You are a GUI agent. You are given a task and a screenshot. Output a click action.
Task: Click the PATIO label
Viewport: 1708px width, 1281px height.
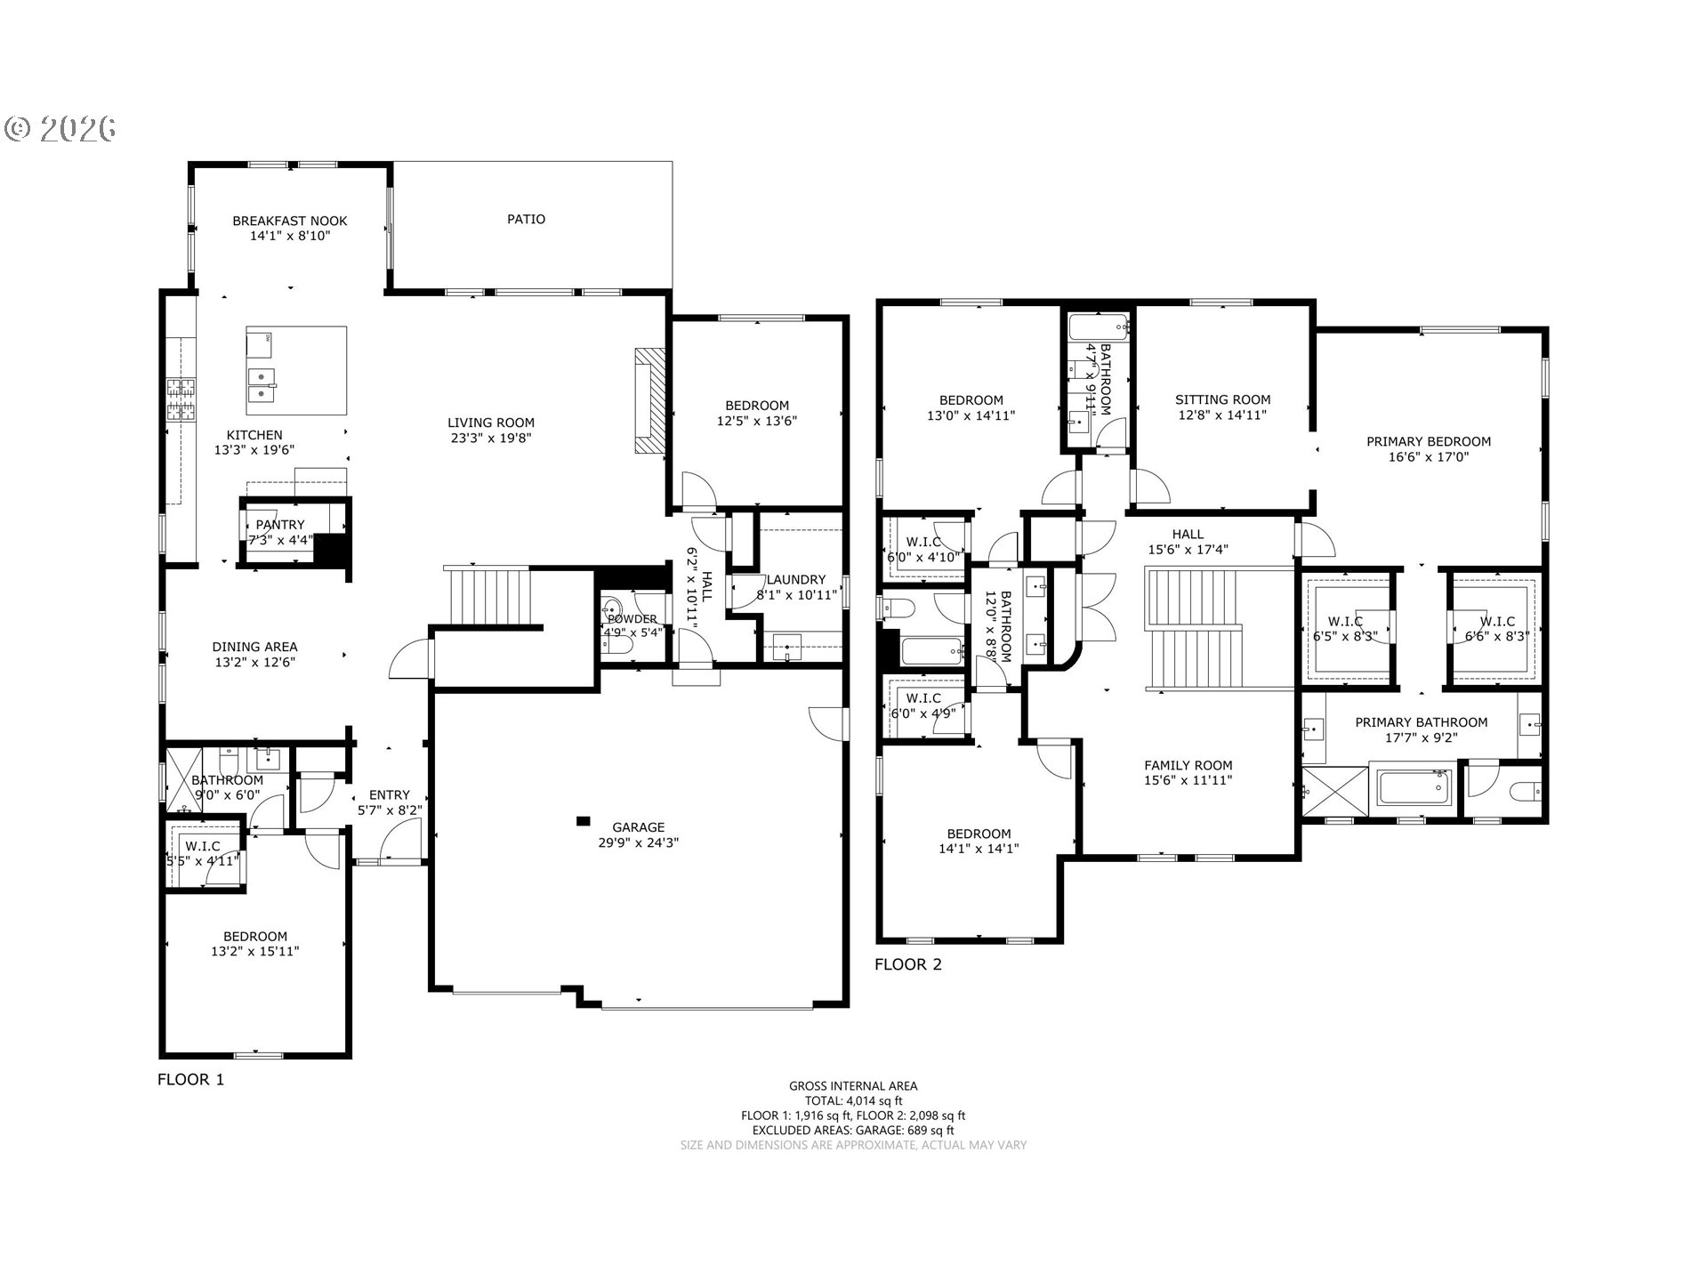click(526, 219)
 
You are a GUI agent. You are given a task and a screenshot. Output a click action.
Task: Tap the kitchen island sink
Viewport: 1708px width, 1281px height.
click(261, 385)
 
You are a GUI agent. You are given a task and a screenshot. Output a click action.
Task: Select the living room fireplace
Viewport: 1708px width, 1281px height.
click(650, 402)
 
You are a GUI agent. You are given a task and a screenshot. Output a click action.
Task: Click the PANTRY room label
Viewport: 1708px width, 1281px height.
click(280, 525)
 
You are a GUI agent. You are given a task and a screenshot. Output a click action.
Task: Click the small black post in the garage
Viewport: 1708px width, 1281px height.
click(584, 820)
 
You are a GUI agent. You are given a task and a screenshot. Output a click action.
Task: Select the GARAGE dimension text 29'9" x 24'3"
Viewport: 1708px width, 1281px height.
click(638, 842)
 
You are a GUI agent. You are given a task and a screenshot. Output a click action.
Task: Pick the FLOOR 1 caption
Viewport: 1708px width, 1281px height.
click(190, 1079)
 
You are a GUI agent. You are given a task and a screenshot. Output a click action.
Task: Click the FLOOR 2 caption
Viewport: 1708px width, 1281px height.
click(907, 964)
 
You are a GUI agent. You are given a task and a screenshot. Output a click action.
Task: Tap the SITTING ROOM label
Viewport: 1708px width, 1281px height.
click(1222, 399)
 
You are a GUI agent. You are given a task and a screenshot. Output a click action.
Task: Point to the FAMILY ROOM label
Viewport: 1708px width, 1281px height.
click(1188, 765)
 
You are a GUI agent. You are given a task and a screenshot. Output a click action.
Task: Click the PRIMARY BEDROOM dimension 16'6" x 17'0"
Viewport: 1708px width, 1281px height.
click(1428, 457)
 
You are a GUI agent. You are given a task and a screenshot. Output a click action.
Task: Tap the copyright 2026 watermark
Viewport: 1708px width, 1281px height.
click(60, 129)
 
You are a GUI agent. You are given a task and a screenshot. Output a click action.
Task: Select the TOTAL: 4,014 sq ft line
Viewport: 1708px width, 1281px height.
click(853, 1100)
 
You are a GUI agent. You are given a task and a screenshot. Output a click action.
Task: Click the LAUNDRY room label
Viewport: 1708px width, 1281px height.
click(796, 579)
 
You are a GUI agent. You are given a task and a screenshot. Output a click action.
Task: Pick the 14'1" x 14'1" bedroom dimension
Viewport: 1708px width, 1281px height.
click(979, 849)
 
